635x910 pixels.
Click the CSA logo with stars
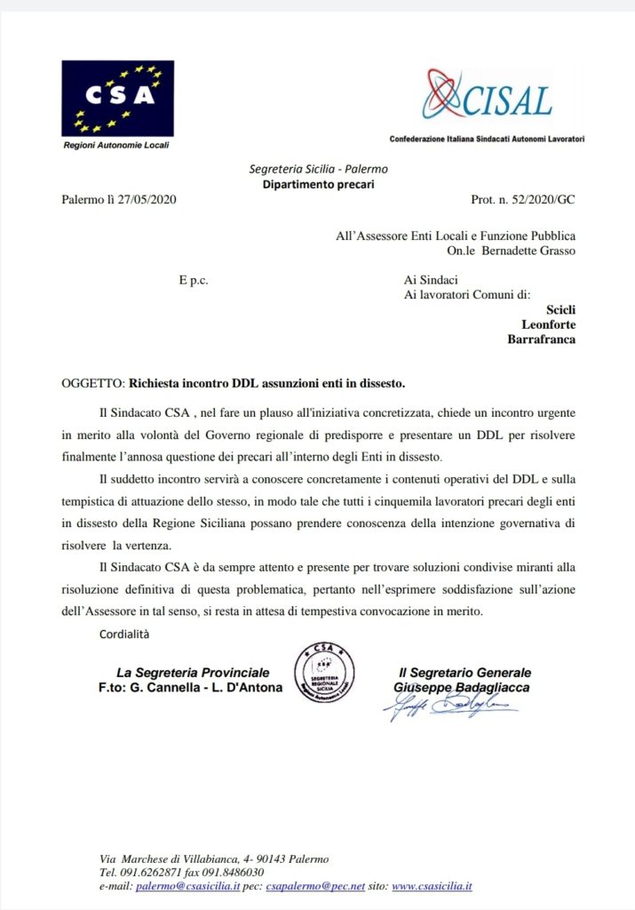point(117,98)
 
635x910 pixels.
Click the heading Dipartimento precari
point(318,184)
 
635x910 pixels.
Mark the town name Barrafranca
point(540,339)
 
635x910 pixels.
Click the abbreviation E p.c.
point(193,279)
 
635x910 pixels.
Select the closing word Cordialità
point(124,633)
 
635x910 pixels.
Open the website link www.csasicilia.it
point(432,887)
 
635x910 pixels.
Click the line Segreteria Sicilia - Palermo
point(318,169)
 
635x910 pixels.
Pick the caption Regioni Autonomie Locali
point(115,144)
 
